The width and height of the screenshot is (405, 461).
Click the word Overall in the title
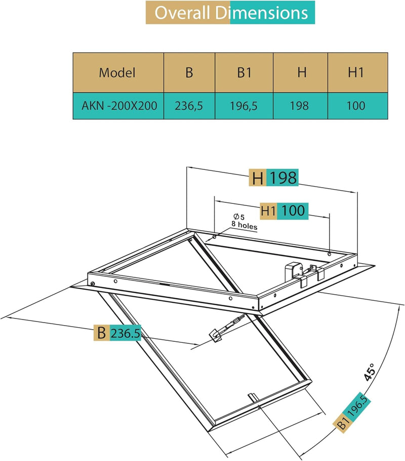click(183, 13)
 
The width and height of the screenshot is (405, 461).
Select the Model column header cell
click(117, 73)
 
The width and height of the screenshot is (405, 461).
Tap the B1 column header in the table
click(244, 73)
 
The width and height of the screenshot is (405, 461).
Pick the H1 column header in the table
click(356, 73)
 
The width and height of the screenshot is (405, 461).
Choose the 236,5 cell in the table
click(189, 107)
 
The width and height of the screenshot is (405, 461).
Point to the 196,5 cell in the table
click(244, 107)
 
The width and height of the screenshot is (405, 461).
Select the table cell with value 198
click(302, 107)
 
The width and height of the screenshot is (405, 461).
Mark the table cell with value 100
click(356, 107)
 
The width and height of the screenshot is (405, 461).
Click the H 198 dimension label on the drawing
click(274, 178)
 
